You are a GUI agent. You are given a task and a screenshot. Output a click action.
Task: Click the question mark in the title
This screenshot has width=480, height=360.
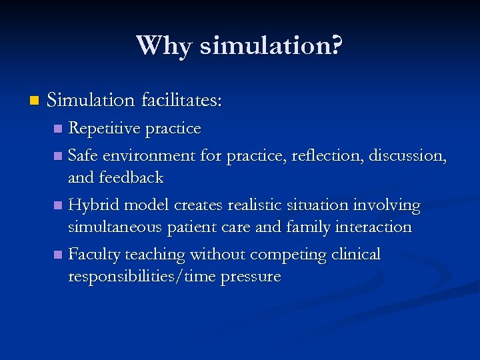[x=336, y=45]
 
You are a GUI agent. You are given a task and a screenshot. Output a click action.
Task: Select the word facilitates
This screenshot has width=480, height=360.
[x=181, y=101]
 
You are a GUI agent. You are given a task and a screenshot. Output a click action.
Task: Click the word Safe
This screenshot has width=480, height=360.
[x=84, y=155]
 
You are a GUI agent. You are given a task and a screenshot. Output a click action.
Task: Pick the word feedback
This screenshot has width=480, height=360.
[x=131, y=177]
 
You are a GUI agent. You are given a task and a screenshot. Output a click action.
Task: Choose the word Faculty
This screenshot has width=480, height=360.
[x=93, y=254]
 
